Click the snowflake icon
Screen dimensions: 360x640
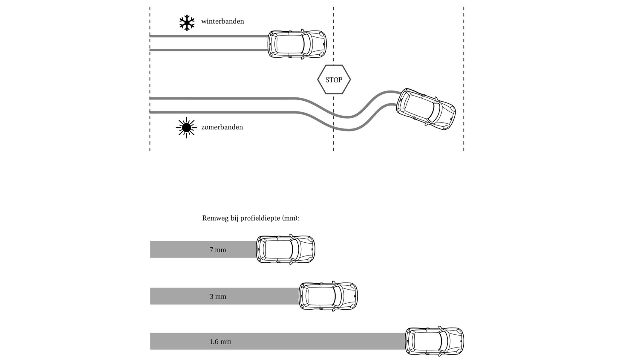[x=187, y=23]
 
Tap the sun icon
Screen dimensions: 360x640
[x=186, y=127]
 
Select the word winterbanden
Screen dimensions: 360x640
[x=222, y=21]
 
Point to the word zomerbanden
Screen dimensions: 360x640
[x=222, y=127]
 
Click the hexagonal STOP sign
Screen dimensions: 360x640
[x=334, y=80]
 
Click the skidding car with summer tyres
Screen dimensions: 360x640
[x=426, y=109]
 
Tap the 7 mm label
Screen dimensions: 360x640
[x=218, y=250]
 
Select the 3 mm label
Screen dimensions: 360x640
[x=218, y=296]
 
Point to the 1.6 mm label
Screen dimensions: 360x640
[x=220, y=342]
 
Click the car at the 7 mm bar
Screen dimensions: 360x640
[x=285, y=249]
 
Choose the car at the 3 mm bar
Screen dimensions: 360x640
[x=328, y=296]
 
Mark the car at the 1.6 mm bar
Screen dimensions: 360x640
[x=434, y=341]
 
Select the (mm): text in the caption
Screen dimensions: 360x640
[x=291, y=218]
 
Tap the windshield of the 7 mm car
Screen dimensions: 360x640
[x=295, y=249]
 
